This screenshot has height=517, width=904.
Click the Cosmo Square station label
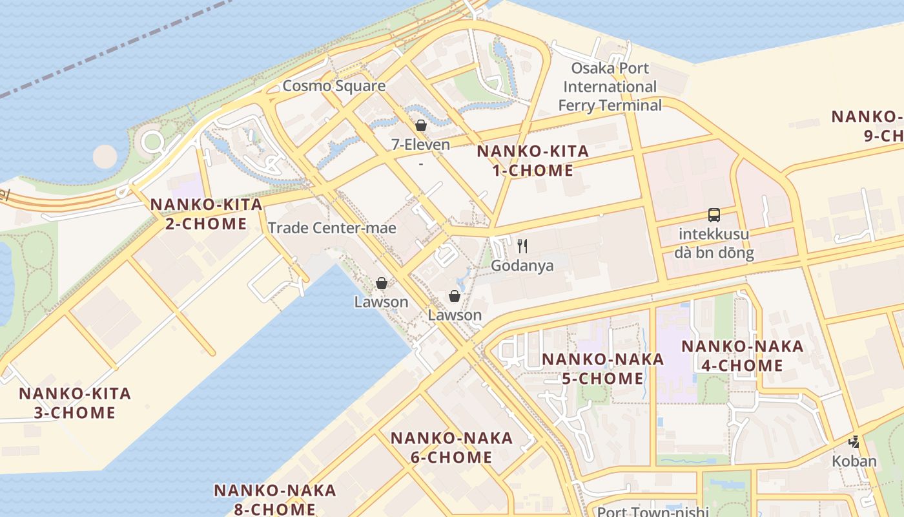pos(334,86)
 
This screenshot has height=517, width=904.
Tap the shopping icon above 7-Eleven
pos(421,125)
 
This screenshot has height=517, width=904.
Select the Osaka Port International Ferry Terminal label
pos(610,87)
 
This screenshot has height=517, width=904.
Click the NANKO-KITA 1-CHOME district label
pos(533,161)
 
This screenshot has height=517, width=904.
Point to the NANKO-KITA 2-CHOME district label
pos(206,214)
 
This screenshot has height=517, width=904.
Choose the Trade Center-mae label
pos(332,227)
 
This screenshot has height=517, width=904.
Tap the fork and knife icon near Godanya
pos(522,246)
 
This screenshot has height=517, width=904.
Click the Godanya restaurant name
pos(522,266)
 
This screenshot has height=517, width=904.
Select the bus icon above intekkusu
pos(714,215)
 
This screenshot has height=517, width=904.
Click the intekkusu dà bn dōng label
pos(714,243)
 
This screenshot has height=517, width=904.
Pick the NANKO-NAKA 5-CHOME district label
pos(602,369)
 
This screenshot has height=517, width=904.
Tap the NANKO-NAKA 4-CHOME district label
pos(742,356)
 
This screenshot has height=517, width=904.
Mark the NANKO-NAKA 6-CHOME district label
pos(451,448)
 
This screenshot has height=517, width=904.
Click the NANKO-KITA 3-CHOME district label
pos(75,403)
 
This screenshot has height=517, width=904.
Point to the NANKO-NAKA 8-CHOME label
pos(274,500)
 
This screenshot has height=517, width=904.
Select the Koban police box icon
pos(854,443)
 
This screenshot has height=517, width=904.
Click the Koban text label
pos(854,461)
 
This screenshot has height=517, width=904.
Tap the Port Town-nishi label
pos(652,511)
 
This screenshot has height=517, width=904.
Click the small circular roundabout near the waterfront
pos(152,142)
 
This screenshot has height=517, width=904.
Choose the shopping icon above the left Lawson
pos(382,283)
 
